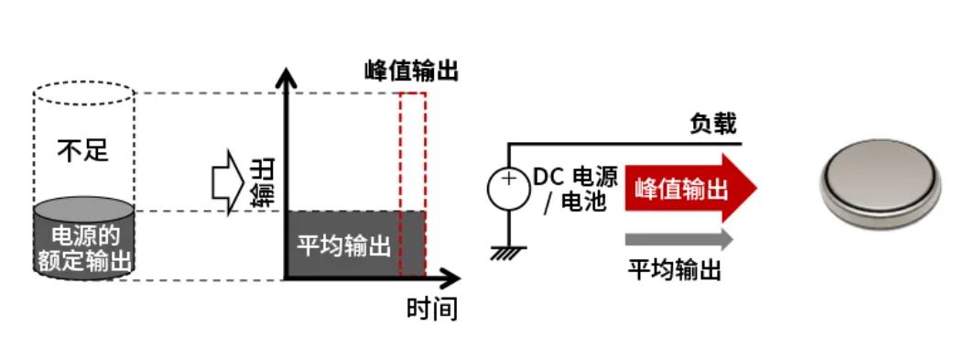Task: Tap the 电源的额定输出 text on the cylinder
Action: coord(83,247)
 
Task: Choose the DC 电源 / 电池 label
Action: coord(574,190)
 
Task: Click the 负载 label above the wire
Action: coord(712,124)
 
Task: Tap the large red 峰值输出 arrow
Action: coord(691,189)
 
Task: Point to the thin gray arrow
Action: coord(678,240)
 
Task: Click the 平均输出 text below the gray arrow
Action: coord(675,270)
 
